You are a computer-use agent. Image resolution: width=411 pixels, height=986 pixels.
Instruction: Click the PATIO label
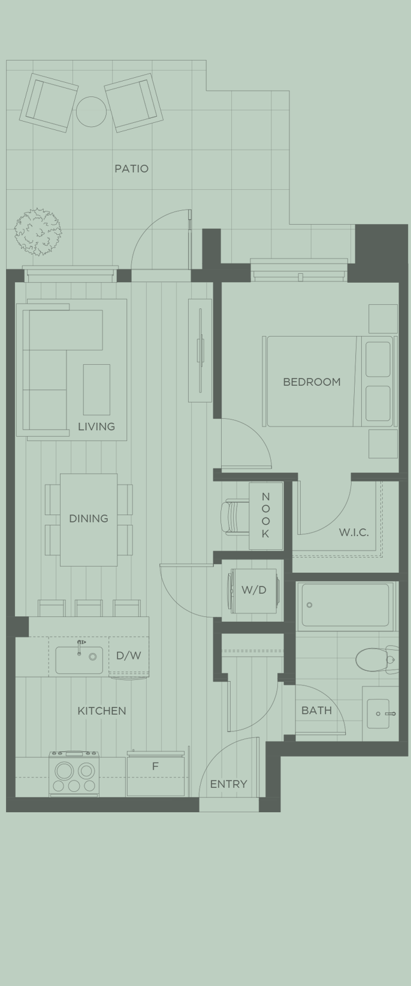pos(131,168)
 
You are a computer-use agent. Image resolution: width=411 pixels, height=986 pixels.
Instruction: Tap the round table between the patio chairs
pos(91,111)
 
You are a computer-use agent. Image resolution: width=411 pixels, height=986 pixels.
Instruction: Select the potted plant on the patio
pos(38,231)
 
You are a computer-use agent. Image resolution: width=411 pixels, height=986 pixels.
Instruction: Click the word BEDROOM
pos(312,382)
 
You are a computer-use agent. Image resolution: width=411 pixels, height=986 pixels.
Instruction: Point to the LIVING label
pos(96,427)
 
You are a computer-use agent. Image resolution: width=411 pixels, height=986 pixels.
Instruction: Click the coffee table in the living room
pos(96,389)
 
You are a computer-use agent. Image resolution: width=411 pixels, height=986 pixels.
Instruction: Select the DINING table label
pos(89,518)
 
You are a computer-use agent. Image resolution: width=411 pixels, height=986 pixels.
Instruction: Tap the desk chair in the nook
pos(234,516)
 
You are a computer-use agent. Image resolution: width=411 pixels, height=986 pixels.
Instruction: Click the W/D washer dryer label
pos(253,590)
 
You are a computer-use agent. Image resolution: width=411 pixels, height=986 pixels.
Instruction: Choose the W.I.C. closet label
pos(353,532)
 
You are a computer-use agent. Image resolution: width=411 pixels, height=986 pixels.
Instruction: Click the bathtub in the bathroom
pos(346,605)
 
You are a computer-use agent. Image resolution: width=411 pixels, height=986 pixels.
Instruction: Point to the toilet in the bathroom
pos(375,660)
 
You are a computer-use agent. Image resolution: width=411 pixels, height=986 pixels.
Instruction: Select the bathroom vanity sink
pos(379,713)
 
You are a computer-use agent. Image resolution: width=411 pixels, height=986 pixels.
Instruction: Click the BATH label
pos(316,710)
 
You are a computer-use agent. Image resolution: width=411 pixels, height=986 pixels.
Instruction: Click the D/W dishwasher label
pos(129,655)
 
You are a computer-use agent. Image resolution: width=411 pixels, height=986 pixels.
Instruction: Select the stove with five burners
pos(74,775)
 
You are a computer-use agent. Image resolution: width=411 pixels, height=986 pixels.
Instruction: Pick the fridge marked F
pos(155,776)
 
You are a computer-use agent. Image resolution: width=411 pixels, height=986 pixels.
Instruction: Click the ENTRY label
pos(228,784)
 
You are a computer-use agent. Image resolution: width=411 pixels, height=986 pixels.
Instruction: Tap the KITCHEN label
pos(102,710)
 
